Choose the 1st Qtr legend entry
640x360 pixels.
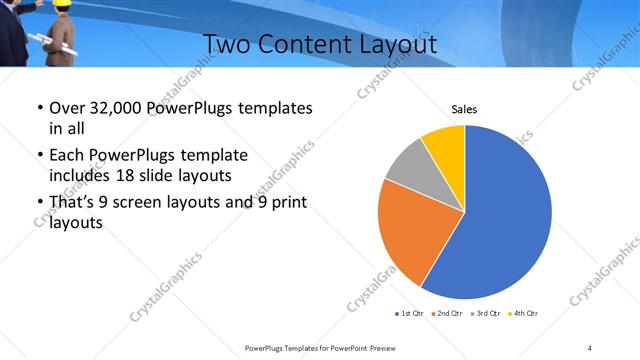pos(409,314)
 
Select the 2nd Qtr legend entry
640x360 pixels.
pos(446,314)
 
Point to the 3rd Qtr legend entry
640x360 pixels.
pos(484,314)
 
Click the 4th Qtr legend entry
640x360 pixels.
pos(522,314)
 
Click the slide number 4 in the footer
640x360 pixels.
pos(590,347)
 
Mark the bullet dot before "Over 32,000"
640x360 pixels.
pos(37,108)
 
